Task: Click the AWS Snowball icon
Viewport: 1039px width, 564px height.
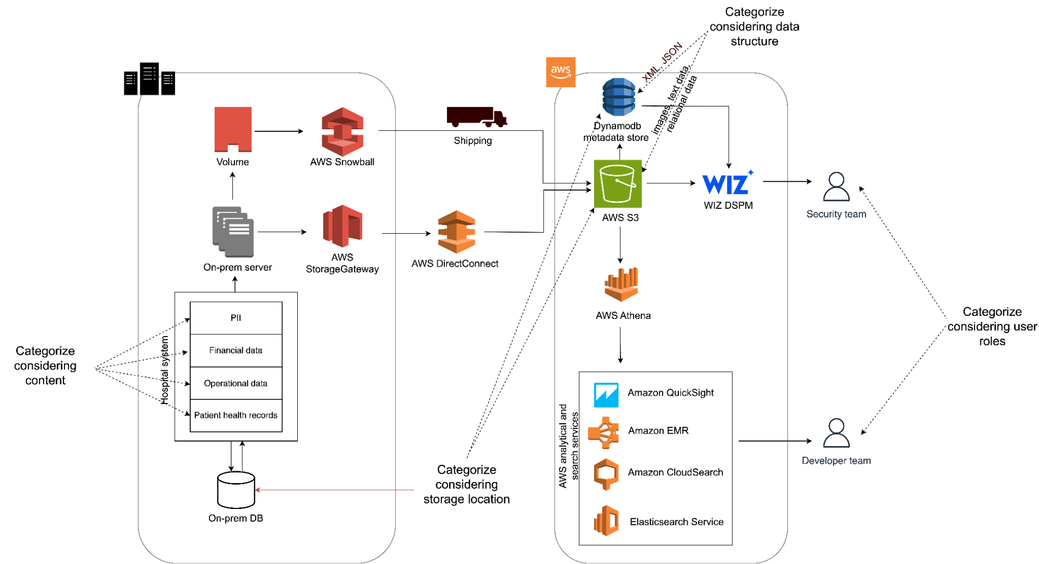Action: [x=342, y=131]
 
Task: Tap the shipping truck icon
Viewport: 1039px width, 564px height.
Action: [x=476, y=117]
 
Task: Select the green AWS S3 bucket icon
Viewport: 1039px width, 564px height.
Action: [x=617, y=184]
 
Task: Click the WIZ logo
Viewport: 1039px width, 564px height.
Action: [x=727, y=183]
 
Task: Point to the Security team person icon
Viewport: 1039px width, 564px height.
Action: [x=836, y=186]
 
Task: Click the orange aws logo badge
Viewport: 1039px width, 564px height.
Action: [x=560, y=72]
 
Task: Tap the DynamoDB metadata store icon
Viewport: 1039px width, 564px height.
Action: [x=619, y=97]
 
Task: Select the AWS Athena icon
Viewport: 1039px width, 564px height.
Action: [x=621, y=285]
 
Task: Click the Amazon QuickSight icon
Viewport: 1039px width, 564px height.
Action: [x=606, y=395]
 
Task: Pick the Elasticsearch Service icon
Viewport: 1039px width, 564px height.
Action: [x=606, y=520]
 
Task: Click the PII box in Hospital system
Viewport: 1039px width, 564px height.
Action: [x=236, y=318]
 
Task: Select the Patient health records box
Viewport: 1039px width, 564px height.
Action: [x=236, y=415]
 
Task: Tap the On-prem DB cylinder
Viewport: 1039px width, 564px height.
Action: [x=236, y=490]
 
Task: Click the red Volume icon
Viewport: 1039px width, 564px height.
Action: [x=233, y=129]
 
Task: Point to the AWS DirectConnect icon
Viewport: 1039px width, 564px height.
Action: [x=456, y=232]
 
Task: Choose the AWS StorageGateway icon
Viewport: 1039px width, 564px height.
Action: [x=342, y=226]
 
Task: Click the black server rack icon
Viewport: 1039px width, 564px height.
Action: [x=149, y=79]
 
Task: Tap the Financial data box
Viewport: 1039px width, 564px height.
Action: [x=236, y=351]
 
